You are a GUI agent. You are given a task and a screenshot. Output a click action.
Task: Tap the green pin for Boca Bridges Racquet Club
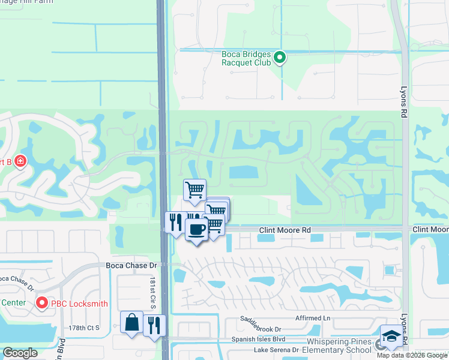tap(279, 58)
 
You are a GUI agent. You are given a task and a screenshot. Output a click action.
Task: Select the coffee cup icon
tap(196, 229)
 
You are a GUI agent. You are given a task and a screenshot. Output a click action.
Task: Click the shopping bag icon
tap(131, 322)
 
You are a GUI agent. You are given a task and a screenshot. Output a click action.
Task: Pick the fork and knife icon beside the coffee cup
tap(175, 223)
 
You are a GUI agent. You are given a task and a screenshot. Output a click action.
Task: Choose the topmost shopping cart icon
tap(194, 190)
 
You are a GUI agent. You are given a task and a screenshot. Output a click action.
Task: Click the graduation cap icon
tap(391, 337)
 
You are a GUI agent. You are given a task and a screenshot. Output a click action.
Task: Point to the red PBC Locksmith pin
tap(42, 303)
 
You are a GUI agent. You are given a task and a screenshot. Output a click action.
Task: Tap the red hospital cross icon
tap(20, 161)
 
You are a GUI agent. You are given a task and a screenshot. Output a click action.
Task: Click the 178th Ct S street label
tap(84, 328)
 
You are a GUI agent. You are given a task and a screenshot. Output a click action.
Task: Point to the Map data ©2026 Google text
tap(412, 355)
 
